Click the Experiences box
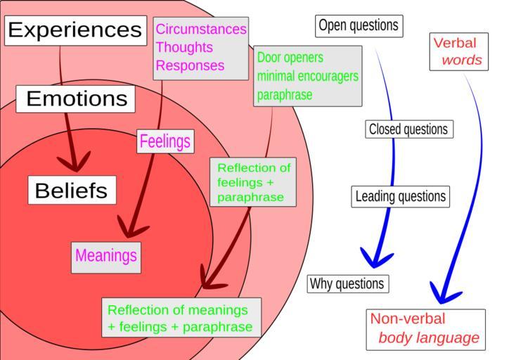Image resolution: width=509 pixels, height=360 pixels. click(75, 30)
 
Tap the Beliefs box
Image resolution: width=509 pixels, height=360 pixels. click(71, 191)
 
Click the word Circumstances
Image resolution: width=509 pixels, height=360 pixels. click(201, 30)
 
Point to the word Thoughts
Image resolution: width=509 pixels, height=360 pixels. click(183, 48)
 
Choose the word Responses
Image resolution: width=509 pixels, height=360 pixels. click(190, 66)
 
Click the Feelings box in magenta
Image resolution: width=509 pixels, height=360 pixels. click(165, 141)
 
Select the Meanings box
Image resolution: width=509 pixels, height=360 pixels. click(106, 256)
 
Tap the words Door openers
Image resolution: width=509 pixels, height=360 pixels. click(290, 58)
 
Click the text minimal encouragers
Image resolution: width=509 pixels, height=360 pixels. click(307, 76)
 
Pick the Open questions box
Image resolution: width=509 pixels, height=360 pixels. click(359, 26)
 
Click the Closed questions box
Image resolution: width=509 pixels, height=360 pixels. click(408, 129)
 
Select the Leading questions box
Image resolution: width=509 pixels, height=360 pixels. click(400, 196)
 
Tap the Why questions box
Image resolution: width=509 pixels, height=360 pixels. click(347, 284)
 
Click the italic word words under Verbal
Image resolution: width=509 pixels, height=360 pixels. click(462, 60)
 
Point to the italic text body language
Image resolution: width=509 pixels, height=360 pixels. click(429, 338)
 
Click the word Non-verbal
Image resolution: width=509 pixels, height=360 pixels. click(408, 319)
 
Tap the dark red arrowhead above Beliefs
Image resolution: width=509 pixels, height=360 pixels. click(77, 162)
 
